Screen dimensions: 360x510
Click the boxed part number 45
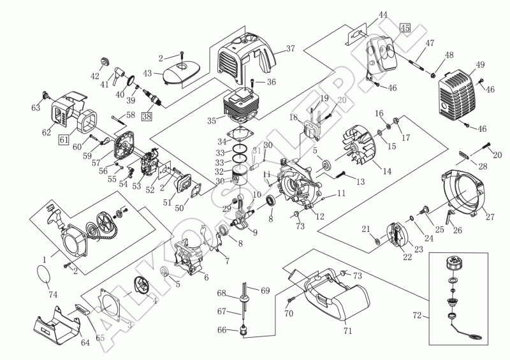point(405,27)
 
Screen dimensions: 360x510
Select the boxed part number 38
point(147,116)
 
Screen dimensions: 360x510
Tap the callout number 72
point(418,315)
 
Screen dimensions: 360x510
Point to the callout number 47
point(430,43)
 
